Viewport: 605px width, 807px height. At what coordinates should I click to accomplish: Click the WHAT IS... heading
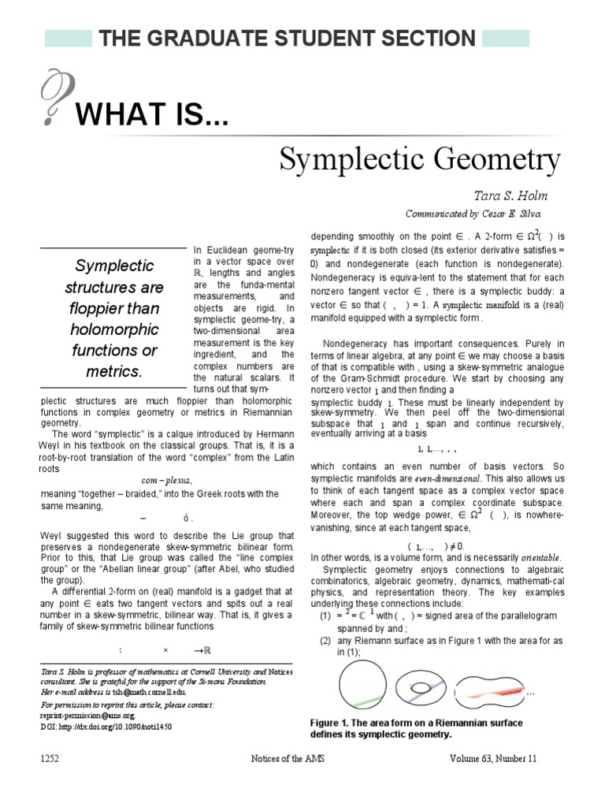point(152,118)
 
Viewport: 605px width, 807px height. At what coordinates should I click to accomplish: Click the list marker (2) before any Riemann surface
point(324,641)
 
